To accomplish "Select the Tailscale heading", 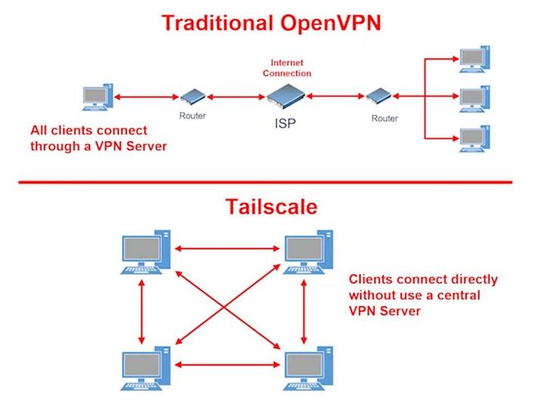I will (x=270, y=207).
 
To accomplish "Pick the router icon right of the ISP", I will (x=379, y=97).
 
